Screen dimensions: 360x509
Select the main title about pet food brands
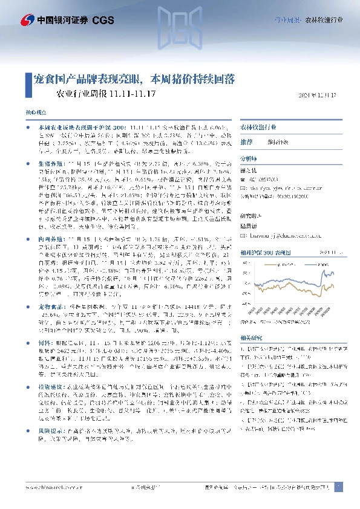coord(134,79)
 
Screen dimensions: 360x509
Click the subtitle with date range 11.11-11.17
coord(106,94)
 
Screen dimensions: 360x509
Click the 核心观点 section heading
coord(34,114)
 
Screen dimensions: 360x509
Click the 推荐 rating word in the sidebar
coord(247,141)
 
